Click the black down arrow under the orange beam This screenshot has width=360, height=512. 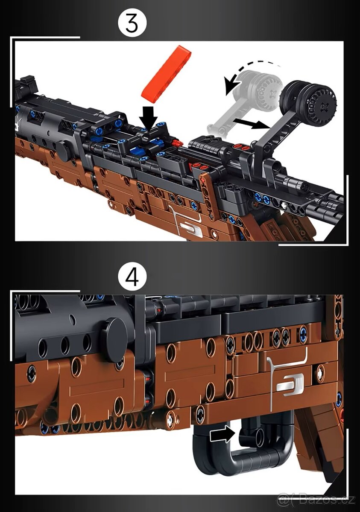coord(149,115)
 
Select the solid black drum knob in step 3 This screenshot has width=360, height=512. coord(308,100)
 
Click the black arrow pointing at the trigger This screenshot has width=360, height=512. coord(222,435)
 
